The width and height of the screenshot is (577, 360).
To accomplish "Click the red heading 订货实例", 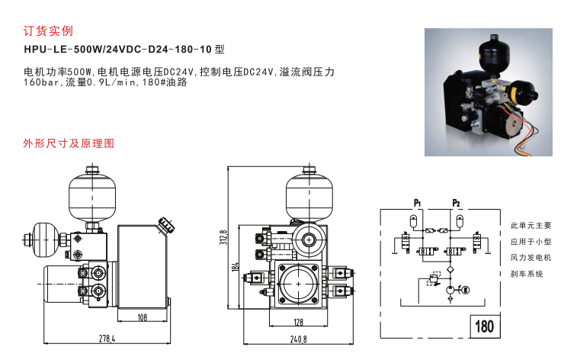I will pos(49,31).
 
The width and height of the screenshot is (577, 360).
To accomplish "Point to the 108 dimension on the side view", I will pos(141,317).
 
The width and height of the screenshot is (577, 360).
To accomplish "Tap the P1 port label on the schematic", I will pos(418,203).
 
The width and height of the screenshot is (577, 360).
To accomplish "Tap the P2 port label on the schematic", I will pos(457,203).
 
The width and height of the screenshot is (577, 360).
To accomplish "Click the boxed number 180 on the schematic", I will pos(484,326).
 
